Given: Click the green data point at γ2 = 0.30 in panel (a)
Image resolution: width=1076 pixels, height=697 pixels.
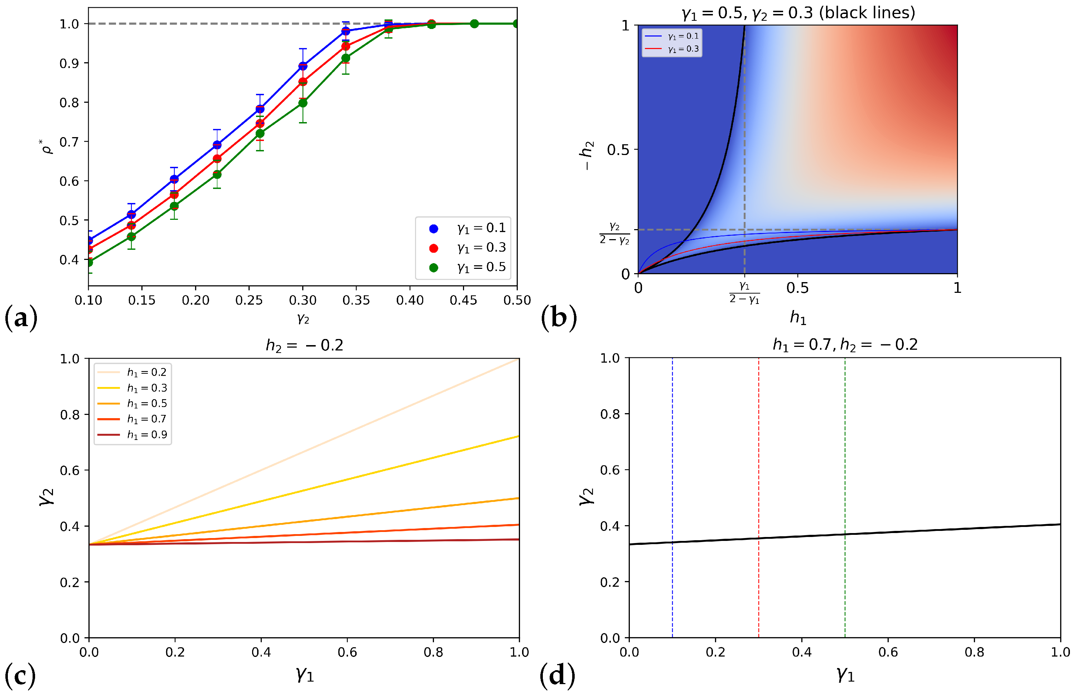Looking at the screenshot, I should tap(303, 103).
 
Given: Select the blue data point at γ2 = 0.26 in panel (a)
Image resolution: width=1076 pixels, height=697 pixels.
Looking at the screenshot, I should tap(260, 109).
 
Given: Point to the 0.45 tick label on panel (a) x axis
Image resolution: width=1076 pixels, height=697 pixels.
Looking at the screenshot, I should tap(463, 300).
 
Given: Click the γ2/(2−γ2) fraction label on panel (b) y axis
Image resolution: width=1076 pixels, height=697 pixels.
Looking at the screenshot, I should tap(614, 234).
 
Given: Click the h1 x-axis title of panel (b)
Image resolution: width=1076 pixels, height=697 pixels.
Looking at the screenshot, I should tap(798, 318).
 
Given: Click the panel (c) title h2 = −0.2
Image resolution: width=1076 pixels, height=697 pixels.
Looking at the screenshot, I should tap(304, 345).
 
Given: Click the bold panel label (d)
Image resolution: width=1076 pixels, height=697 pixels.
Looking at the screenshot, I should tap(558, 676).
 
